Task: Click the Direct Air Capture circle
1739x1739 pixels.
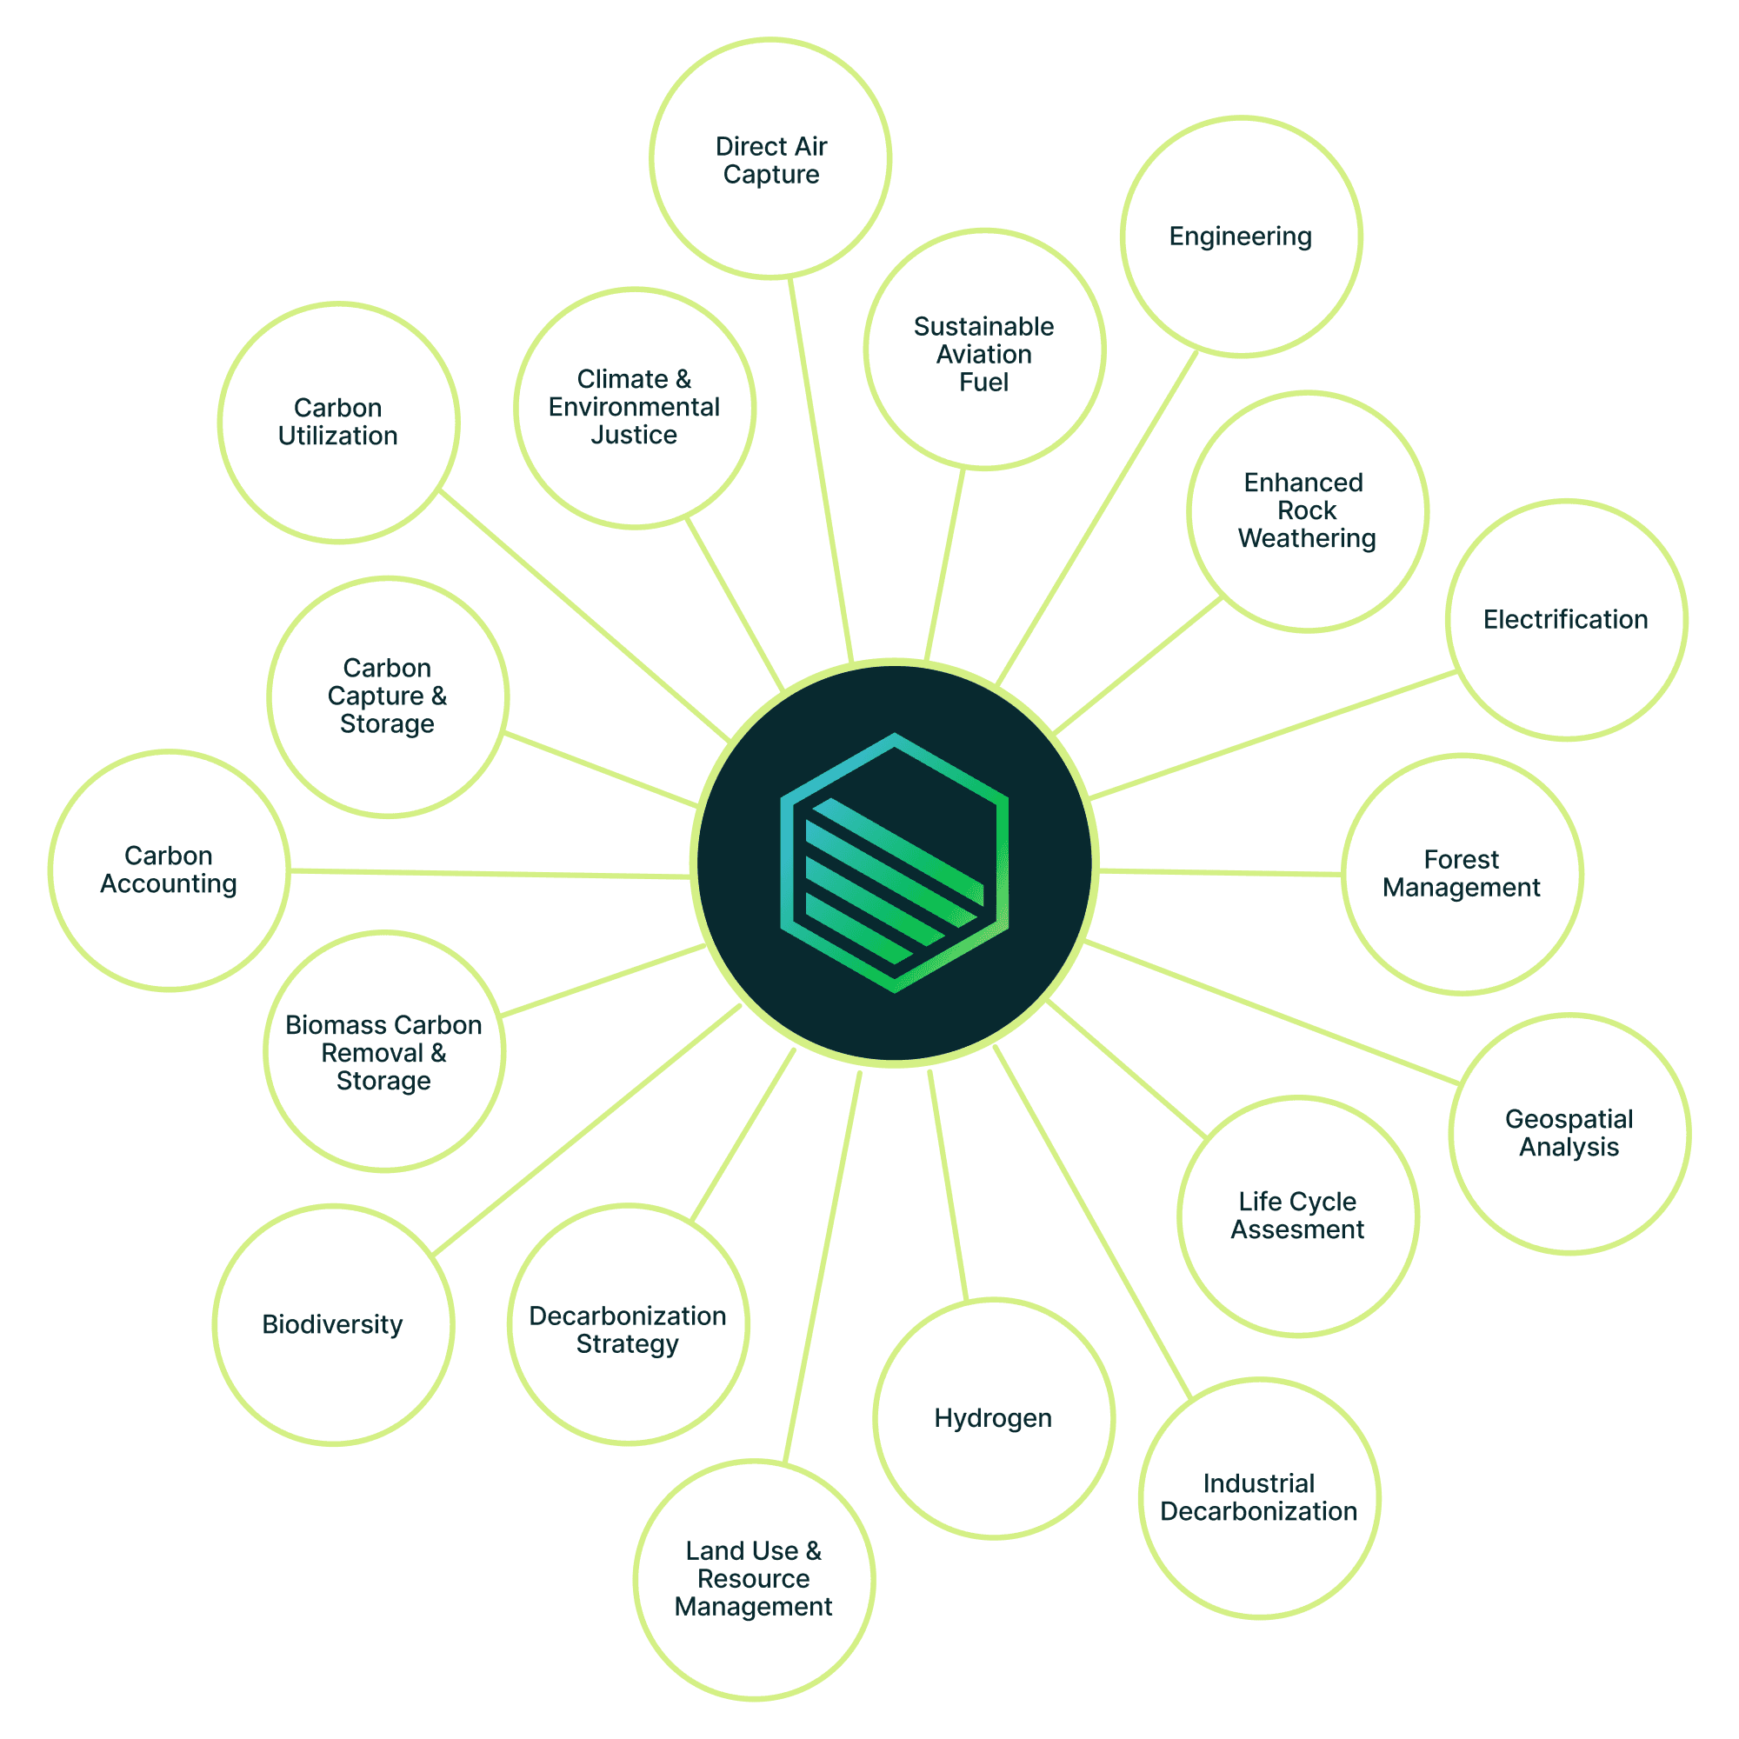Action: pos(770,159)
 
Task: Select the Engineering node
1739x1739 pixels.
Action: pos(1241,237)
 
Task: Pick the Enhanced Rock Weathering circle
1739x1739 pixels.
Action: pos(1307,511)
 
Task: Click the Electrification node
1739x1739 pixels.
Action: pos(1566,620)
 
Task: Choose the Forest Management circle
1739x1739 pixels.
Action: pos(1462,874)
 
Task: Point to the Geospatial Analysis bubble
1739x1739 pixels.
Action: pos(1569,1133)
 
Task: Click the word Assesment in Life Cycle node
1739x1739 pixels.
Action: pos(1297,1229)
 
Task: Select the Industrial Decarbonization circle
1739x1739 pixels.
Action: pos(1258,1498)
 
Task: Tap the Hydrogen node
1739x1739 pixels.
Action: pos(994,1418)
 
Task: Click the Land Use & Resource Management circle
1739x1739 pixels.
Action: pos(753,1580)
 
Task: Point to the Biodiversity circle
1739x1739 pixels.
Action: pos(333,1325)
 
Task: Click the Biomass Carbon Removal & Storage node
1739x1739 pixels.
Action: pos(384,1051)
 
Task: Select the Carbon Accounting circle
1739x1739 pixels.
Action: pos(170,870)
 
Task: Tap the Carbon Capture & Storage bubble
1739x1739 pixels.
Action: pos(388,696)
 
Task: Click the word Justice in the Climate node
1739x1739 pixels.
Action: pos(634,436)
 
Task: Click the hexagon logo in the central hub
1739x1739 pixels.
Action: pos(894,863)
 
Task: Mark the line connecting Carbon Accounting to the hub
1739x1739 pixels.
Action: pos(490,873)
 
